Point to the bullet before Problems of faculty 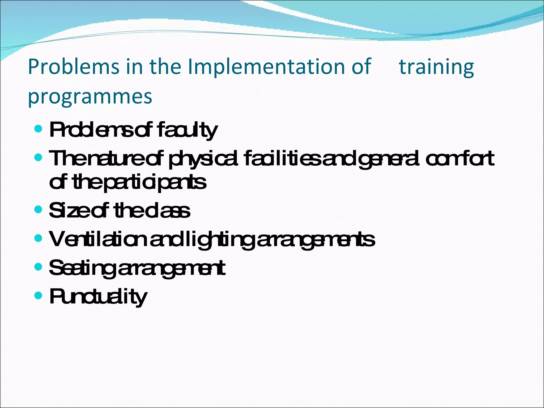pos(39,129)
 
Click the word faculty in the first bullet pos(187,130)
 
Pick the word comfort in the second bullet pos(460,158)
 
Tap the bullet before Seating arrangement pos(39,266)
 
